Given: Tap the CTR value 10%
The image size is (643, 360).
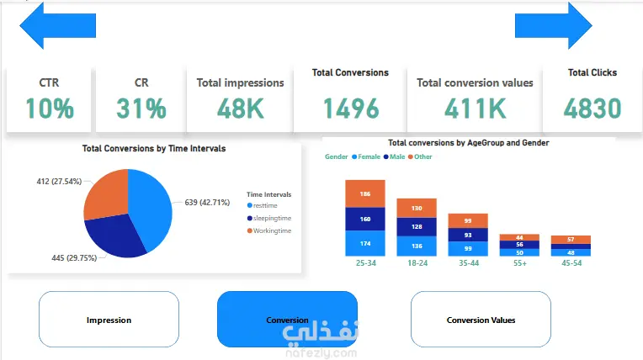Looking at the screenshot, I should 49,108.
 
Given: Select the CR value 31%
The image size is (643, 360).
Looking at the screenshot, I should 141,108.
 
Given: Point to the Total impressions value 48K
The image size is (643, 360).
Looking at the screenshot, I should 240,108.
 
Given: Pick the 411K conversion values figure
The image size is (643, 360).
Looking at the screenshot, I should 475,108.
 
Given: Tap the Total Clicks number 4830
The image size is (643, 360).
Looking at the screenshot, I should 593,108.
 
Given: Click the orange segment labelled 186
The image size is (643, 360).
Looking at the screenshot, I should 365,193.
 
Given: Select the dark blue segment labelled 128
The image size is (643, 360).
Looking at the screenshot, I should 417,226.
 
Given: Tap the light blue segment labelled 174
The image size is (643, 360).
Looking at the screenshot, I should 365,243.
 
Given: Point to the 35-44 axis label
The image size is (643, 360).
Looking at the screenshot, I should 469,263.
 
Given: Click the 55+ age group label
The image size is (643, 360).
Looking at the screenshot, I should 520,263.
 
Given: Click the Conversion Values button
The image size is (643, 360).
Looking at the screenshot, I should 481,320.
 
